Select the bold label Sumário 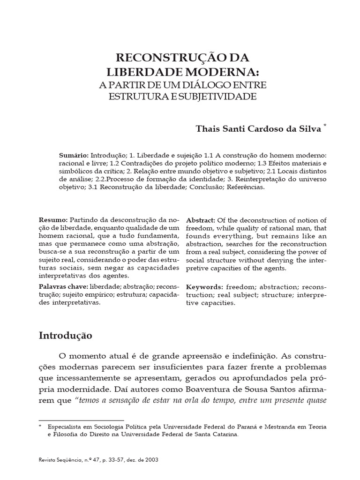74,155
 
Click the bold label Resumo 53,220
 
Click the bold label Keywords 204,286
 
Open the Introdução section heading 66,336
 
